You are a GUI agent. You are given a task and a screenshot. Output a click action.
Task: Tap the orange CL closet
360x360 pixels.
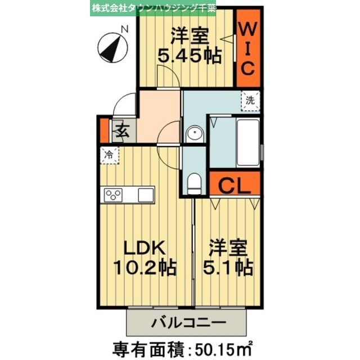tap(235, 185)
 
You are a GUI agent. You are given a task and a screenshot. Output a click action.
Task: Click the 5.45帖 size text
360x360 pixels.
tap(188, 57)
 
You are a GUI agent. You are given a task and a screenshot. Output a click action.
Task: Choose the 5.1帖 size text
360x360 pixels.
tap(228, 266)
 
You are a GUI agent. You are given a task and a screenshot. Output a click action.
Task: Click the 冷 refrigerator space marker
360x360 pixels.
tap(110, 153)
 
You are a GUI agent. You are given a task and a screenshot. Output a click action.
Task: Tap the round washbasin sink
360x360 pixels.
tap(194, 135)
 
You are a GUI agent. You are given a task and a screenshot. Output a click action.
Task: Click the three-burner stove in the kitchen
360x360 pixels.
tap(113, 195)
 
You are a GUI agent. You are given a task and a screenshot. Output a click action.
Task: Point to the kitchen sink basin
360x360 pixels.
tap(146, 195)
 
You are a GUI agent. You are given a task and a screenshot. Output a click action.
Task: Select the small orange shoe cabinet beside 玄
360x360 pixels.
tap(103, 130)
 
